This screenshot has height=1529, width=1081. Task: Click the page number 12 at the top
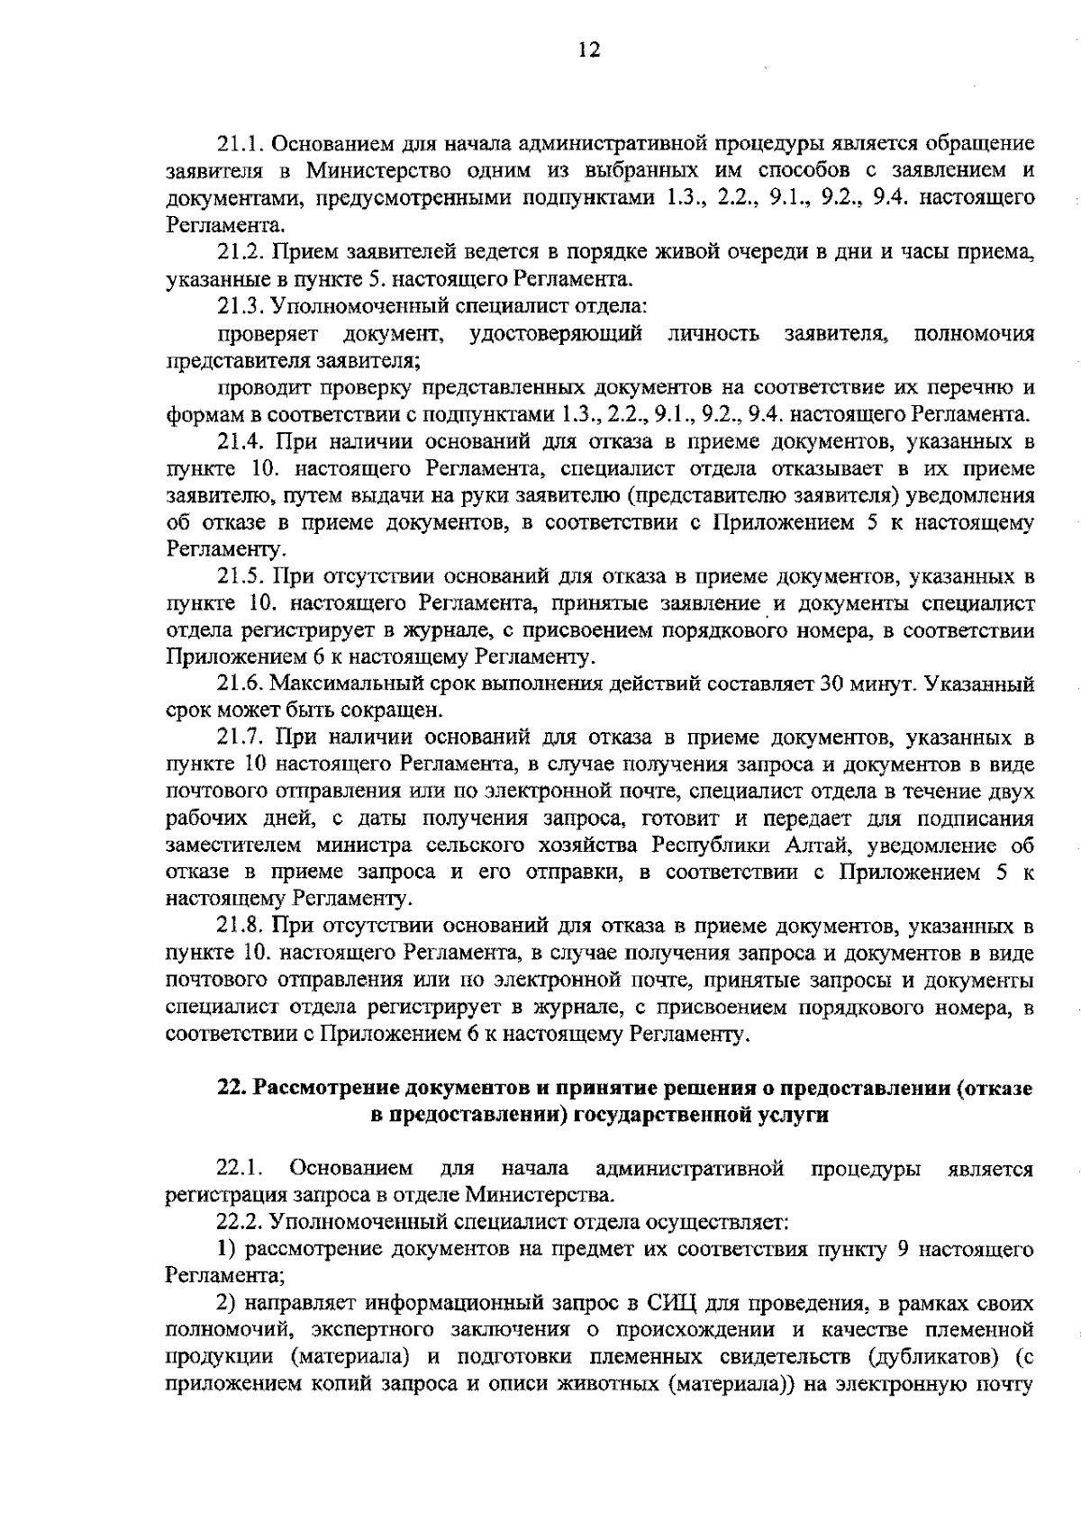click(x=589, y=50)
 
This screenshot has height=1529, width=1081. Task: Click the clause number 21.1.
click(x=241, y=144)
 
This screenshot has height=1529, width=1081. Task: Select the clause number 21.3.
click(x=241, y=307)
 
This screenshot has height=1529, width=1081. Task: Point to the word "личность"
click(x=713, y=335)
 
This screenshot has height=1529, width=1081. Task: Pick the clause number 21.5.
click(x=241, y=576)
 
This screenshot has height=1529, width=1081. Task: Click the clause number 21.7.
click(x=241, y=738)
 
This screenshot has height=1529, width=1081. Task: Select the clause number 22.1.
click(x=241, y=1170)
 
